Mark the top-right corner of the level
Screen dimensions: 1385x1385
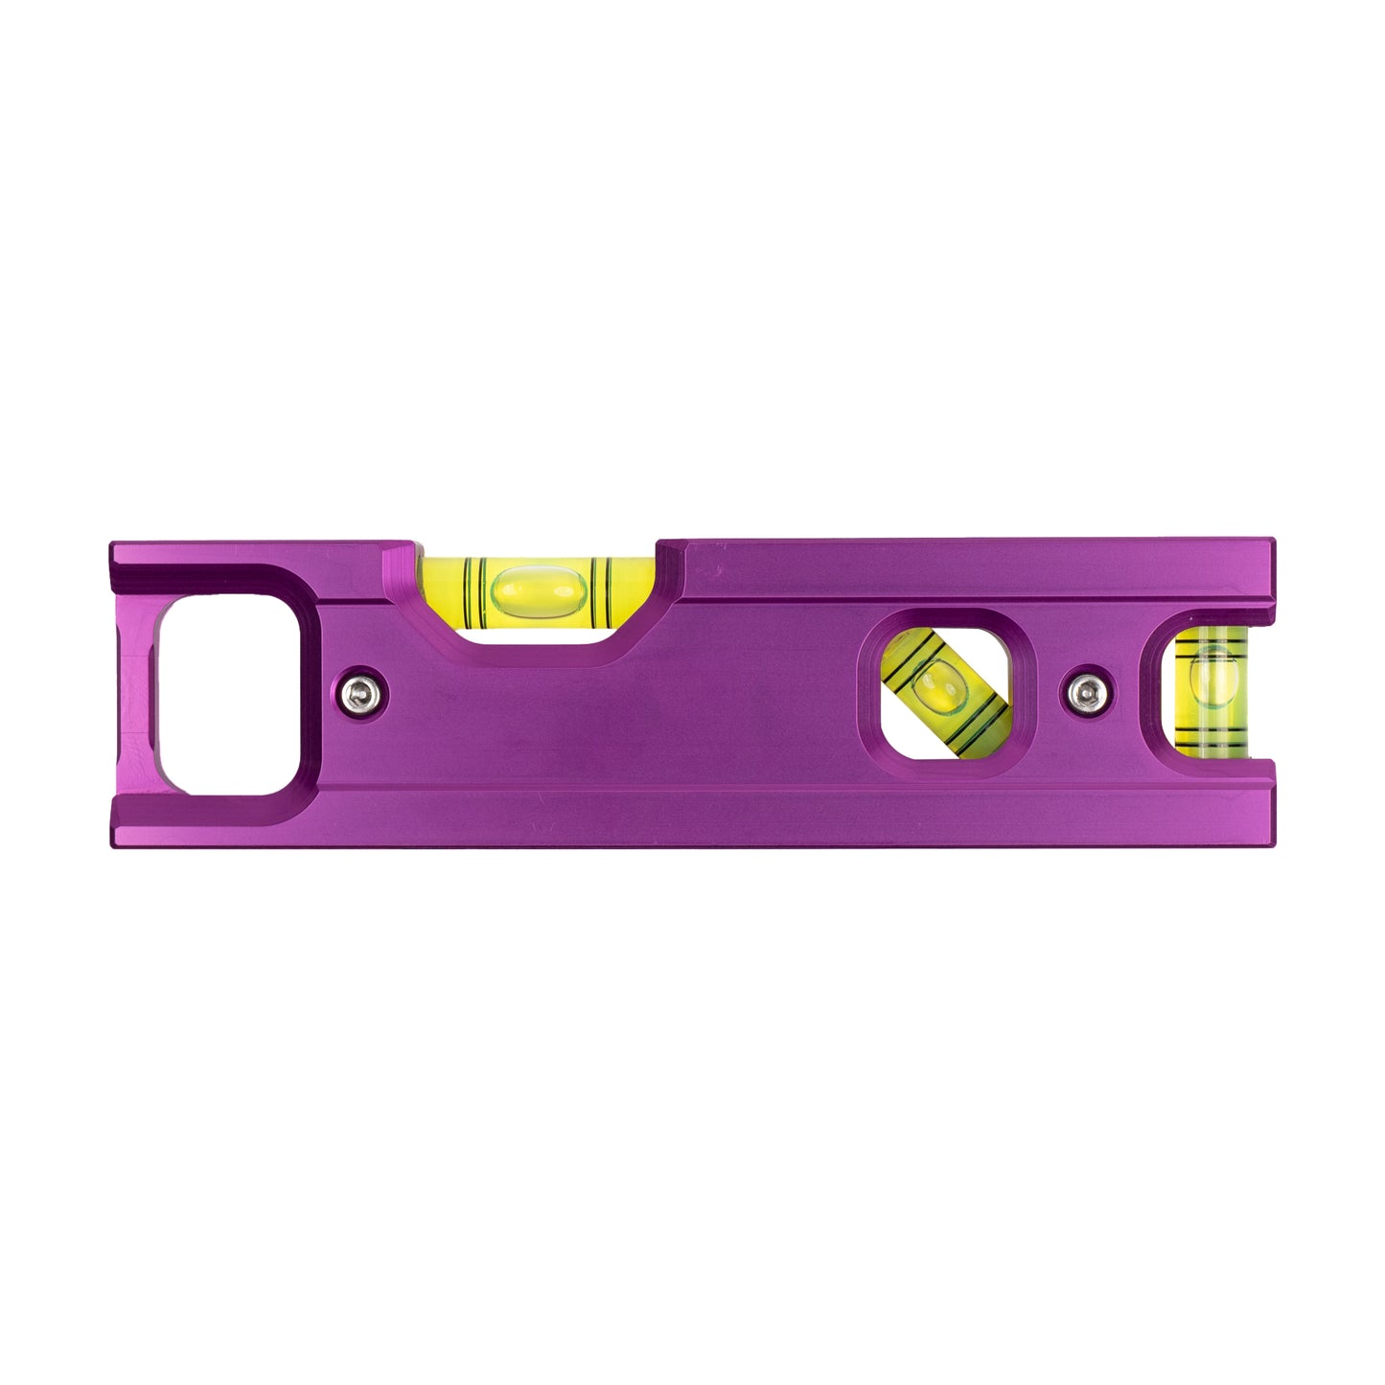1276,542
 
